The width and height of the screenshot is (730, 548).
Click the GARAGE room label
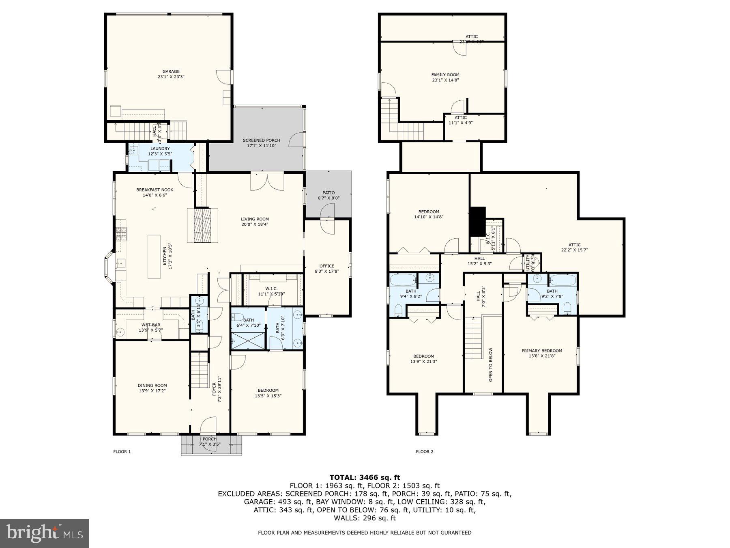(x=171, y=71)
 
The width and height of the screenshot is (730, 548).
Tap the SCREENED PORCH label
(x=261, y=140)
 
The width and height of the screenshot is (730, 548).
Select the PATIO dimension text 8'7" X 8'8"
(x=328, y=198)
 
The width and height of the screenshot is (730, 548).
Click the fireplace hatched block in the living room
(x=203, y=225)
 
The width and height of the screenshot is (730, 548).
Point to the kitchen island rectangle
(x=154, y=257)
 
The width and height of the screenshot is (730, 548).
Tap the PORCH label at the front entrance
(x=209, y=439)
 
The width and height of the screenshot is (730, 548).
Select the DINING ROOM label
(x=152, y=386)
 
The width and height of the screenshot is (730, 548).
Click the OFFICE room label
(x=327, y=266)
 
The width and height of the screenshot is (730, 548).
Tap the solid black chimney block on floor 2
(x=478, y=221)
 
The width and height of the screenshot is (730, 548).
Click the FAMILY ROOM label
(x=445, y=75)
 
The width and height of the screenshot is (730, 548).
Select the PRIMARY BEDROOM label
(x=542, y=351)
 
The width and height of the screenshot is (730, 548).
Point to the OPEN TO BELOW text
(x=491, y=365)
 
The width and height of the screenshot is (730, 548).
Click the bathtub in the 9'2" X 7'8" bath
(x=563, y=280)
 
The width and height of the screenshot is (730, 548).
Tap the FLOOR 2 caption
(x=425, y=451)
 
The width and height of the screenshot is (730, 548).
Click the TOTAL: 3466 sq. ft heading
(x=365, y=477)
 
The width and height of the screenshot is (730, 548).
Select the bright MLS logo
(x=44, y=533)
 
